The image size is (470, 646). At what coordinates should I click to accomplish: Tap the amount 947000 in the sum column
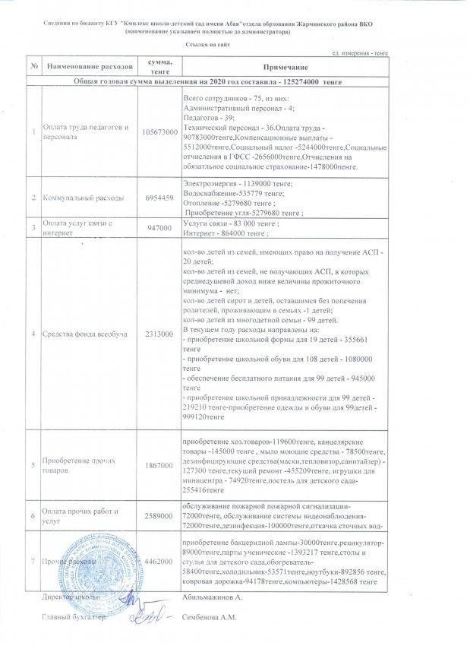pyautogui.click(x=160, y=228)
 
